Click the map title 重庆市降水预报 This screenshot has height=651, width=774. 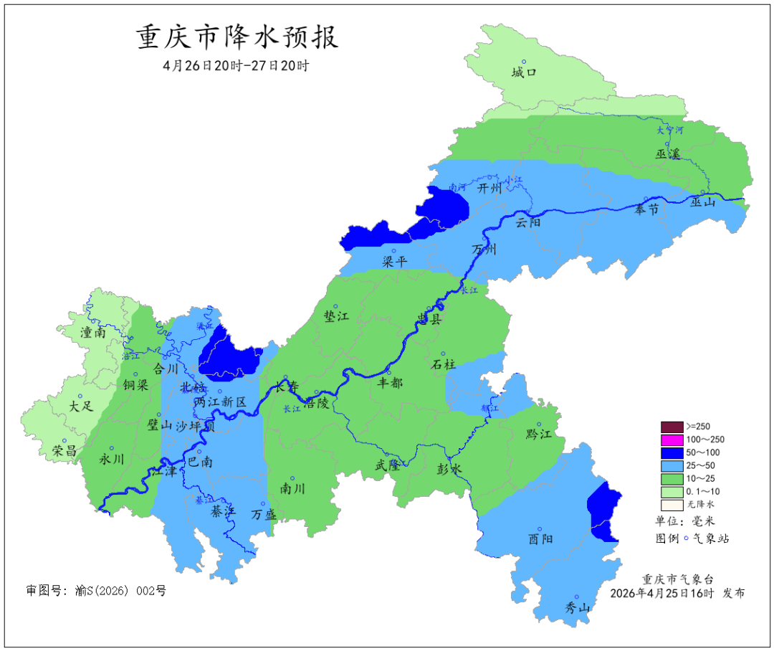pyautogui.click(x=237, y=38)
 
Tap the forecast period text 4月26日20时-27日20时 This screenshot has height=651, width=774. pyautogui.click(x=236, y=66)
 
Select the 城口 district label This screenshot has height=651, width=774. pyautogui.click(x=524, y=73)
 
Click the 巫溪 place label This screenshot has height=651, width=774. pyautogui.click(x=666, y=153)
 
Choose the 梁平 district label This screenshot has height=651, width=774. pyautogui.click(x=394, y=262)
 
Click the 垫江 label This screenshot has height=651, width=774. pyautogui.click(x=336, y=317)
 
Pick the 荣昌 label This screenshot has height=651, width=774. pyautogui.click(x=65, y=451)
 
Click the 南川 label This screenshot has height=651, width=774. pyautogui.click(x=292, y=489)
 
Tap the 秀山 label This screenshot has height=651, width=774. pyautogui.click(x=578, y=608)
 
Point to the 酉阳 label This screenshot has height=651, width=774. pyautogui.click(x=540, y=539)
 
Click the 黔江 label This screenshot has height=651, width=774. pyautogui.click(x=539, y=434)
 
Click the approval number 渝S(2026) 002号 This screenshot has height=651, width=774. pyautogui.click(x=96, y=591)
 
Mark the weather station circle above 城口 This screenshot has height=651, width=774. pyautogui.click(x=524, y=62)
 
